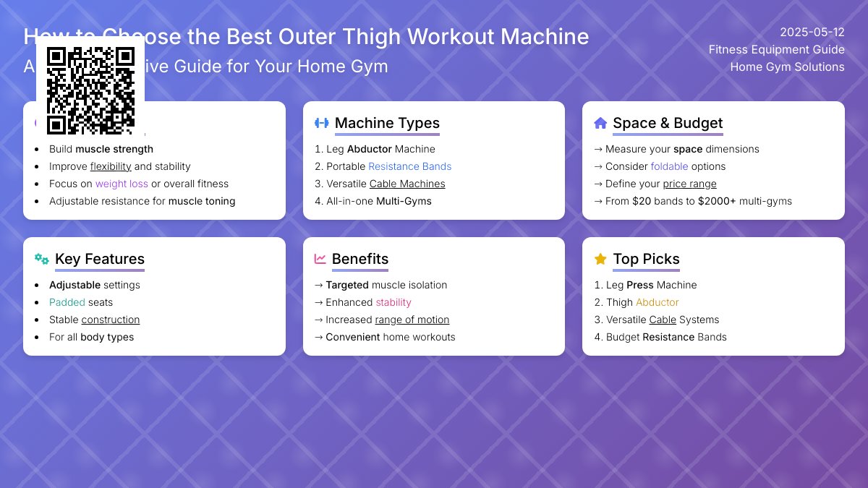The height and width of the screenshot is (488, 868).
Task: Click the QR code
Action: [x=90, y=90]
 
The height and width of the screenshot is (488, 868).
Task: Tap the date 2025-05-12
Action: [x=812, y=33]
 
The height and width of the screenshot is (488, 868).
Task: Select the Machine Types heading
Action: [x=387, y=123]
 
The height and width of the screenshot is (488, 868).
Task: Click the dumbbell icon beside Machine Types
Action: [x=322, y=123]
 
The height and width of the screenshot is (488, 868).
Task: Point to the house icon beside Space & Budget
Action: [x=600, y=123]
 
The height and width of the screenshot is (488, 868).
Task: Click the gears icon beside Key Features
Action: [x=42, y=259]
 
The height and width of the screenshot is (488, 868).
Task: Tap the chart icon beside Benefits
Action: [x=320, y=259]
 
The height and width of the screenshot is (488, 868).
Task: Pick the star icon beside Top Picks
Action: [x=600, y=259]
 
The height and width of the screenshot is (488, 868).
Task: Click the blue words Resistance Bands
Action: [x=409, y=166]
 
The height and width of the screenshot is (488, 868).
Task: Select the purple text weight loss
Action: [x=122, y=184]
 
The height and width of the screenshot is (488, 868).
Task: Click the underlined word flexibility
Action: [x=111, y=166]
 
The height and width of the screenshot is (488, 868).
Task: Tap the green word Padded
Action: [x=67, y=302]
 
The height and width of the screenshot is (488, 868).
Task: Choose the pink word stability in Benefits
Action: [x=393, y=302]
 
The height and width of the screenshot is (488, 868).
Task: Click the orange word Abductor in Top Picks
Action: [x=658, y=302]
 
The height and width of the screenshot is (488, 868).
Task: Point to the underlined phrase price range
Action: [x=689, y=184]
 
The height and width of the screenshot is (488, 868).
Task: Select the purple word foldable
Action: [x=669, y=166]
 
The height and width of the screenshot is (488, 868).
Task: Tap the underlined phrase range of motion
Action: [x=412, y=320]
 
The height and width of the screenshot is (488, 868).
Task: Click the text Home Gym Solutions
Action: [x=787, y=67]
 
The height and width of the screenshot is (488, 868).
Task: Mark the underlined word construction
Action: [x=111, y=320]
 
